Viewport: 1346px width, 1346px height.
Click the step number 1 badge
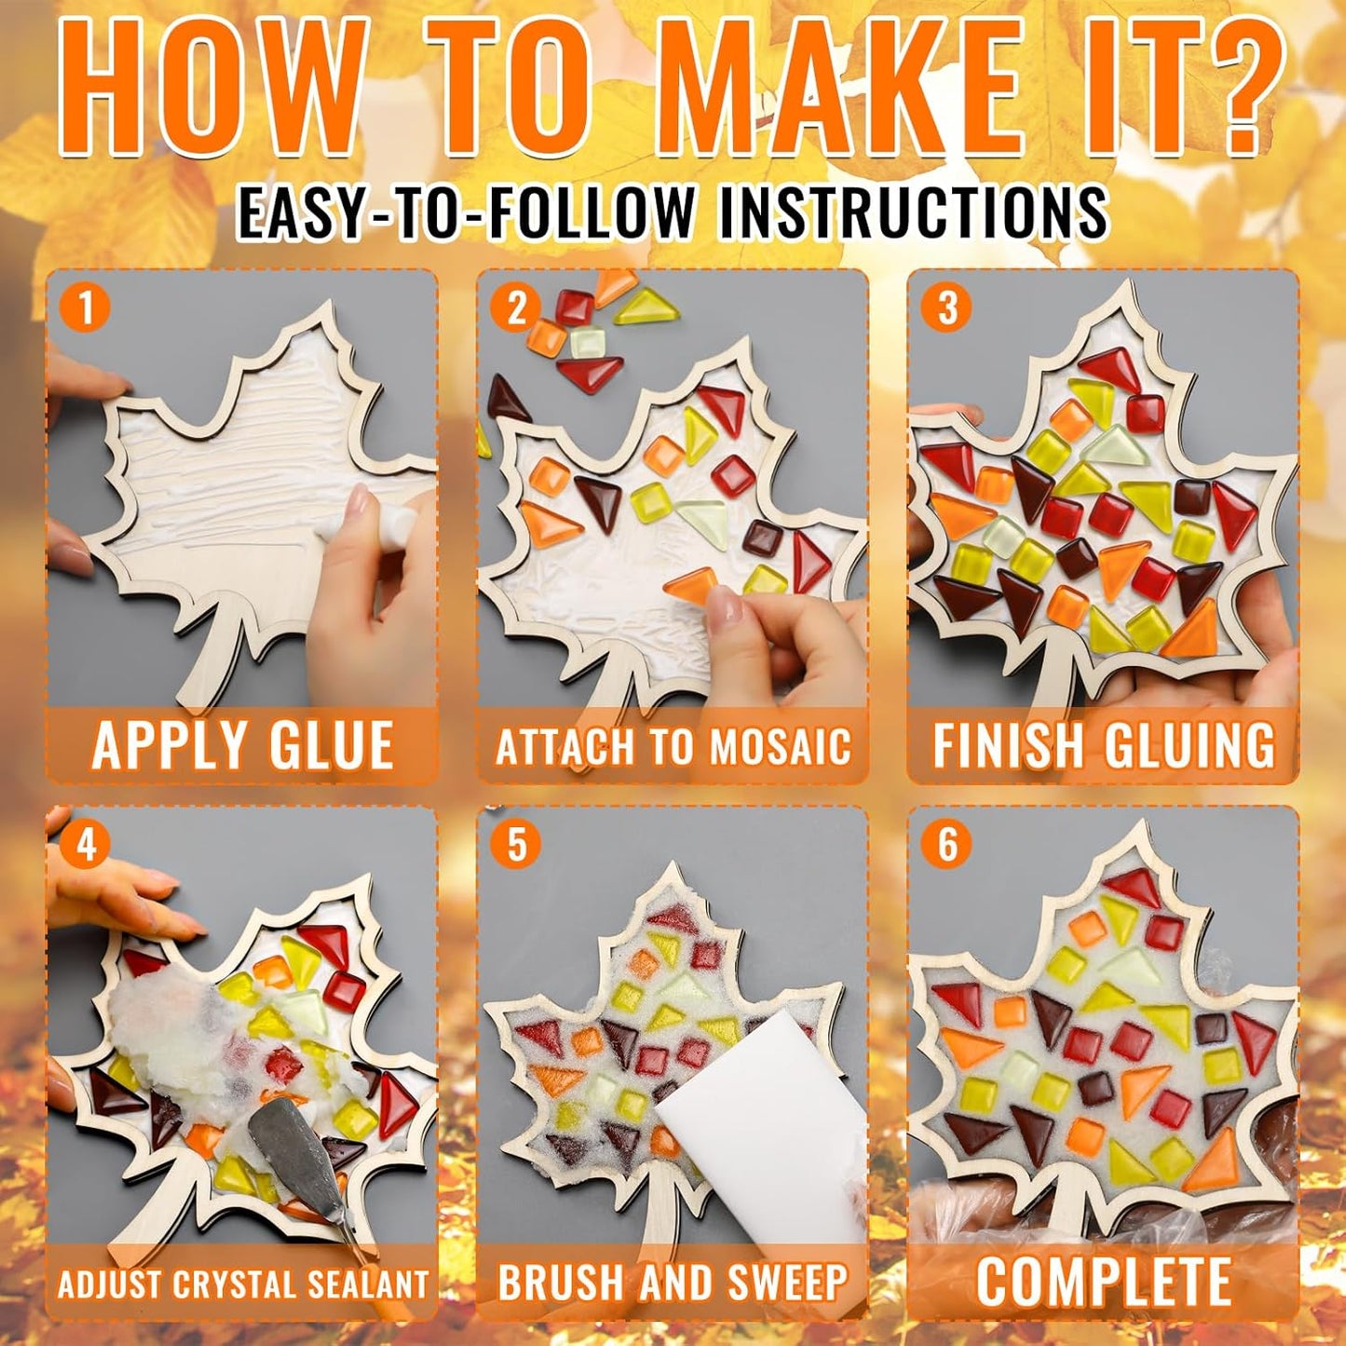pos(87,308)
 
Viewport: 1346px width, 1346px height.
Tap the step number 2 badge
pos(517,308)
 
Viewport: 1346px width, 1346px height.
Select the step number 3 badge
pos(947,308)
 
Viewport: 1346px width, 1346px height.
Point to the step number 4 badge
pos(87,845)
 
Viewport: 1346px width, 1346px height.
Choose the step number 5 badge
pos(517,845)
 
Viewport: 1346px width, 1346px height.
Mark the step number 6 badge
pos(947,845)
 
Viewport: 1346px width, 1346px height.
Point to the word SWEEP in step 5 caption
pos(787,1283)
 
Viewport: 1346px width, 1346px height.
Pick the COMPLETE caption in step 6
pos(1104,1282)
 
